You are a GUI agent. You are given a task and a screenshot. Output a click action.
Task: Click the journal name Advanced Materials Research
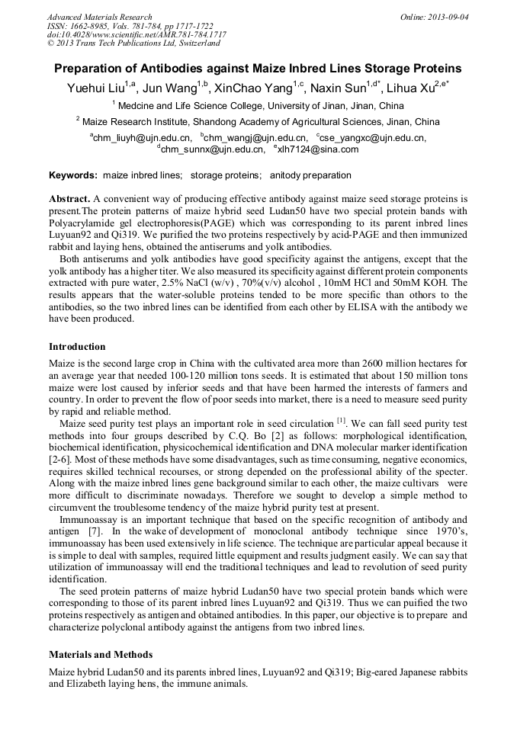(x=99, y=17)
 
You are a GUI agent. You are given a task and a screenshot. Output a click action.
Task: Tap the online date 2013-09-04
(x=442, y=17)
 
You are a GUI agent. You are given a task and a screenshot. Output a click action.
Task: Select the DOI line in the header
(x=136, y=35)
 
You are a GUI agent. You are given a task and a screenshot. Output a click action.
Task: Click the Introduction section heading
(x=77, y=347)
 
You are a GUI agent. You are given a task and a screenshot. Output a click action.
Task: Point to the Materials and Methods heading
(x=101, y=655)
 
